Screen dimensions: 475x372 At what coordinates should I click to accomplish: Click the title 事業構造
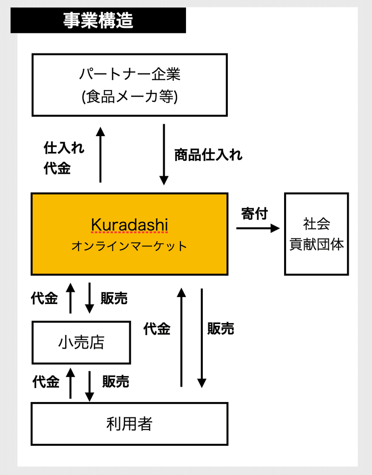point(98,21)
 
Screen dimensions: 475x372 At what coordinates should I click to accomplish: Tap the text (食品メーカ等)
point(130,97)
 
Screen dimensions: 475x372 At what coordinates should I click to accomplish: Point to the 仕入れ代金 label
point(63,158)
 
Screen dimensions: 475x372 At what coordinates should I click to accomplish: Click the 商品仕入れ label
point(208,155)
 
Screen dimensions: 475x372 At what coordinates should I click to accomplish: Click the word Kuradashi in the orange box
point(129,225)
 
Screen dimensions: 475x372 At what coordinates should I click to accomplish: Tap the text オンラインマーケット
point(129,246)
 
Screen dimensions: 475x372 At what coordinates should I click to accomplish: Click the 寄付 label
point(255,214)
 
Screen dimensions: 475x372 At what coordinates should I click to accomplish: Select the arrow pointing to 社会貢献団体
point(258,228)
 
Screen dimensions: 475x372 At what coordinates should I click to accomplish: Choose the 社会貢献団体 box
point(317,234)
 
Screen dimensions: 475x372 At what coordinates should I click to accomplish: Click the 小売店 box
point(81,343)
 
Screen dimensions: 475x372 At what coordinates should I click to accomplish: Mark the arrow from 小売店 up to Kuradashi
point(71,298)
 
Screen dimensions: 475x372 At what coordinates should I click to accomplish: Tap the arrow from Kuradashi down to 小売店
point(89,298)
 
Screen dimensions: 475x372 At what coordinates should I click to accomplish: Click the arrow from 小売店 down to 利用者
point(89,386)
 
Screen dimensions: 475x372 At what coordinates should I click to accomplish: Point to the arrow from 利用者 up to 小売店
point(71,383)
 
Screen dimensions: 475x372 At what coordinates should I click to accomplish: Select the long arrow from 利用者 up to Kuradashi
point(181,337)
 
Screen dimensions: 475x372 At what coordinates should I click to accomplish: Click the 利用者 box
point(129,423)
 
